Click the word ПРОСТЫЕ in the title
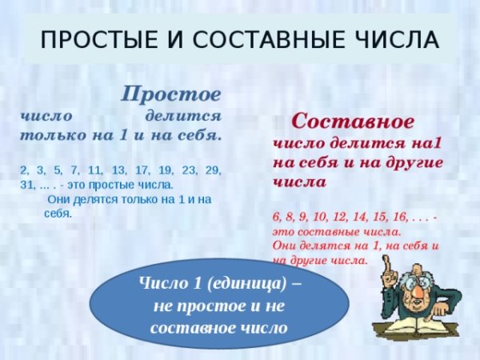click(90, 39)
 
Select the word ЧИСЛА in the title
click(399, 39)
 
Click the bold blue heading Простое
click(170, 93)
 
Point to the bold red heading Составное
click(352, 122)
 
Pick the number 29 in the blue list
click(214, 170)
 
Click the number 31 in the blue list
click(26, 185)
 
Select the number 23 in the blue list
click(190, 170)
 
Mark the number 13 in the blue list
click(120, 170)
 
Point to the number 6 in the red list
click(276, 217)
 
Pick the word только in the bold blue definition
click(50, 135)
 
